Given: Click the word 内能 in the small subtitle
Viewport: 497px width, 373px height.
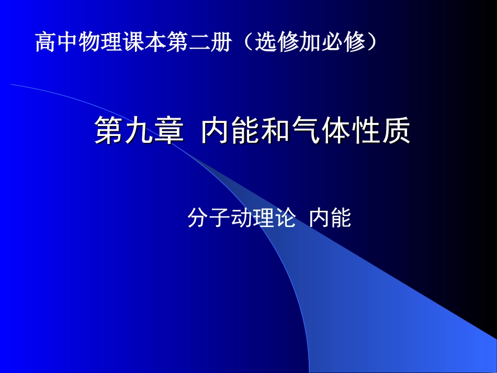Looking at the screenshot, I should [x=330, y=218].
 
